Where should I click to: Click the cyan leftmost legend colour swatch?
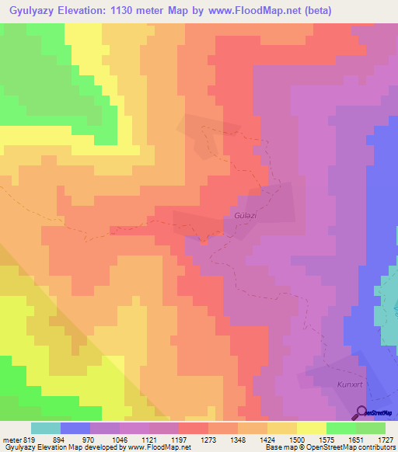[x=46, y=428]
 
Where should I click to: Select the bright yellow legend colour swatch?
[x=312, y=428]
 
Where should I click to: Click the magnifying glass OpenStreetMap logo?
[x=362, y=413]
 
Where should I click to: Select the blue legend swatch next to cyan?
[x=75, y=428]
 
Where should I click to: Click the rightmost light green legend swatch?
[x=371, y=428]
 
